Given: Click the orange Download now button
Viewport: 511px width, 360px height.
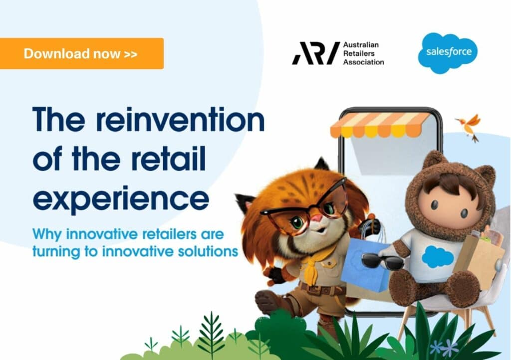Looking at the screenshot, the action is tap(81, 53).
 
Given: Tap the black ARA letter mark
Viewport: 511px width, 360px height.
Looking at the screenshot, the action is tap(315, 53).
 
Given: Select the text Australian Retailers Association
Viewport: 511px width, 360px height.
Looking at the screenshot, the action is tap(363, 53).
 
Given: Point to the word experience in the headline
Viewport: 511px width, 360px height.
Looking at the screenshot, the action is tap(121, 198).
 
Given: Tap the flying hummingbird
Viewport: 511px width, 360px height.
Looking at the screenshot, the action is tap(469, 126).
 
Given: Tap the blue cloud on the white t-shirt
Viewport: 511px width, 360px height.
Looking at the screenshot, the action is tap(437, 257).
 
